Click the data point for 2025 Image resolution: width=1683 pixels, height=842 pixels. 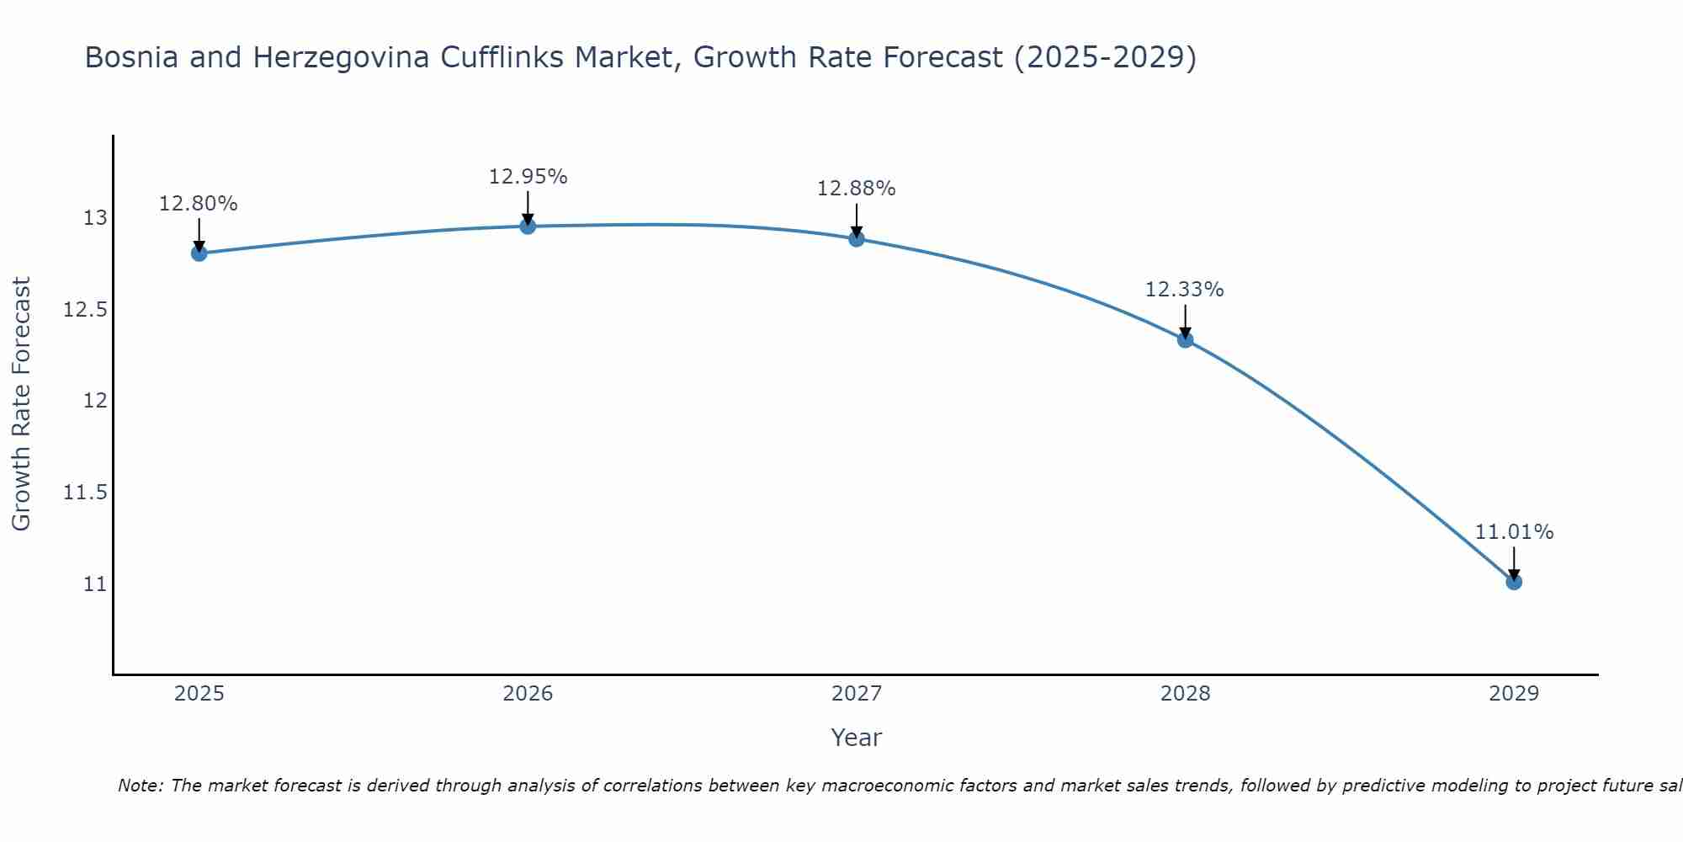(199, 253)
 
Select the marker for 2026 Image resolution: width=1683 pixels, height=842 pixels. (528, 226)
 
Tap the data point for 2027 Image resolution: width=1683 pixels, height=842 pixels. (857, 238)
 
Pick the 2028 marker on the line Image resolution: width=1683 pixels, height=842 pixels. (1185, 339)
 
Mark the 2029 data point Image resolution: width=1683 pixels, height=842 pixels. (1514, 581)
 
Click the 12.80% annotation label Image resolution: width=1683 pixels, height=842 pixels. (199, 204)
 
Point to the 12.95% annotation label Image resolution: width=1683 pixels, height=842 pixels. (528, 177)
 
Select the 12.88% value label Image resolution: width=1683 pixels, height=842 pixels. (857, 189)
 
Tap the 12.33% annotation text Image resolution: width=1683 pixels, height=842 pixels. (1185, 290)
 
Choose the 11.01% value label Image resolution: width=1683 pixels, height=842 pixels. (1514, 532)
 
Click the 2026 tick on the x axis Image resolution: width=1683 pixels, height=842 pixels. (528, 694)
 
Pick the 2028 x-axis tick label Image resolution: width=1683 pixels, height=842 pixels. (1185, 694)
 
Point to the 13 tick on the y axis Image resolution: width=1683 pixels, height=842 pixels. (96, 218)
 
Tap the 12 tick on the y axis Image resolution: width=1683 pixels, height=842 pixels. (96, 401)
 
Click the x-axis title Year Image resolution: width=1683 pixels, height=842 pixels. (856, 738)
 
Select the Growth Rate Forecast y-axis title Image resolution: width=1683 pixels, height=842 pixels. (22, 404)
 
